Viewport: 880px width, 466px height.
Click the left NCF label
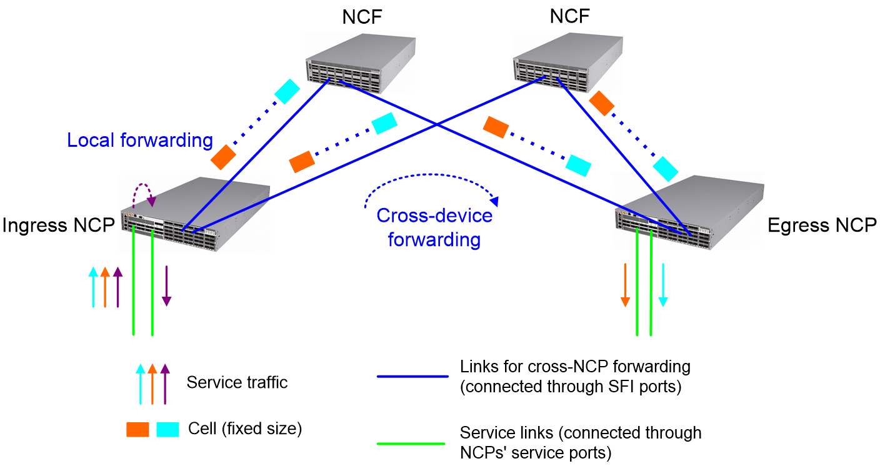pyautogui.click(x=362, y=17)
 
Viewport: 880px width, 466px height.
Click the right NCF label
pyautogui.click(x=569, y=16)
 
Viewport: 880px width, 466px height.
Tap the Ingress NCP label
pyautogui.click(x=59, y=226)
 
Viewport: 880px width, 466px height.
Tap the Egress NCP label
pyautogui.click(x=822, y=226)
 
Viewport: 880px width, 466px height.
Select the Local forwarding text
pyautogui.click(x=140, y=140)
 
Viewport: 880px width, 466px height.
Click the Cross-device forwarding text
pyautogui.click(x=434, y=227)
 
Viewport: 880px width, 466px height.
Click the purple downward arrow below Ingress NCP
pyautogui.click(x=167, y=286)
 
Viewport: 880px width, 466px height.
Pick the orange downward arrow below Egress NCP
pyautogui.click(x=625, y=285)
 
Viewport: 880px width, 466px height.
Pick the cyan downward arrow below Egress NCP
pyautogui.click(x=663, y=285)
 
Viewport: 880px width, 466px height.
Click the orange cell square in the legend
pyautogui.click(x=137, y=430)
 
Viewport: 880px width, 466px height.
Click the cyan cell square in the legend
pyautogui.click(x=167, y=430)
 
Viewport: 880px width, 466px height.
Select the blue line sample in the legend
pyautogui.click(x=412, y=377)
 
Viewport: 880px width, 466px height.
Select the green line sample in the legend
pyautogui.click(x=411, y=444)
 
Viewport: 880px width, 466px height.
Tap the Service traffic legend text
pyautogui.click(x=237, y=382)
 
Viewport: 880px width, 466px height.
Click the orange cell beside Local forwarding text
pyautogui.click(x=223, y=157)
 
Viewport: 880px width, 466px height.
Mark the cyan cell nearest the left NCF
pyautogui.click(x=287, y=91)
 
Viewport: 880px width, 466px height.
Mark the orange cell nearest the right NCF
pyautogui.click(x=601, y=103)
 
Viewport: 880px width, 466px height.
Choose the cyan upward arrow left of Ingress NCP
pyautogui.click(x=93, y=287)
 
